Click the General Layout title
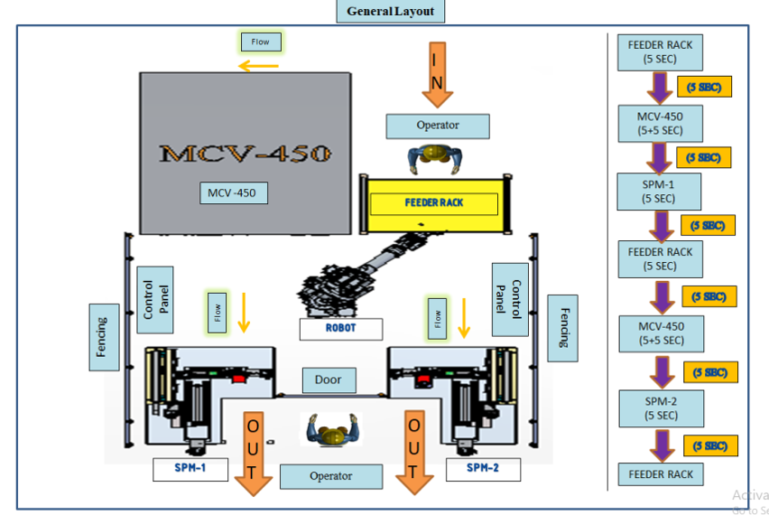[x=390, y=12]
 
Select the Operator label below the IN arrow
[x=437, y=126]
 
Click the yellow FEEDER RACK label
[x=433, y=203]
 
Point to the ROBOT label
[x=341, y=328]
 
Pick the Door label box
[x=329, y=379]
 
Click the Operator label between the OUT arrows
[x=331, y=475]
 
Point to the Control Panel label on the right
[x=509, y=297]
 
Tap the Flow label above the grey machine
[x=260, y=42]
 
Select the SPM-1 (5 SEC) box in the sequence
[x=660, y=192]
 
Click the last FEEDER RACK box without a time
[x=660, y=473]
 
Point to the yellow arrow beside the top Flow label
[x=258, y=65]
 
